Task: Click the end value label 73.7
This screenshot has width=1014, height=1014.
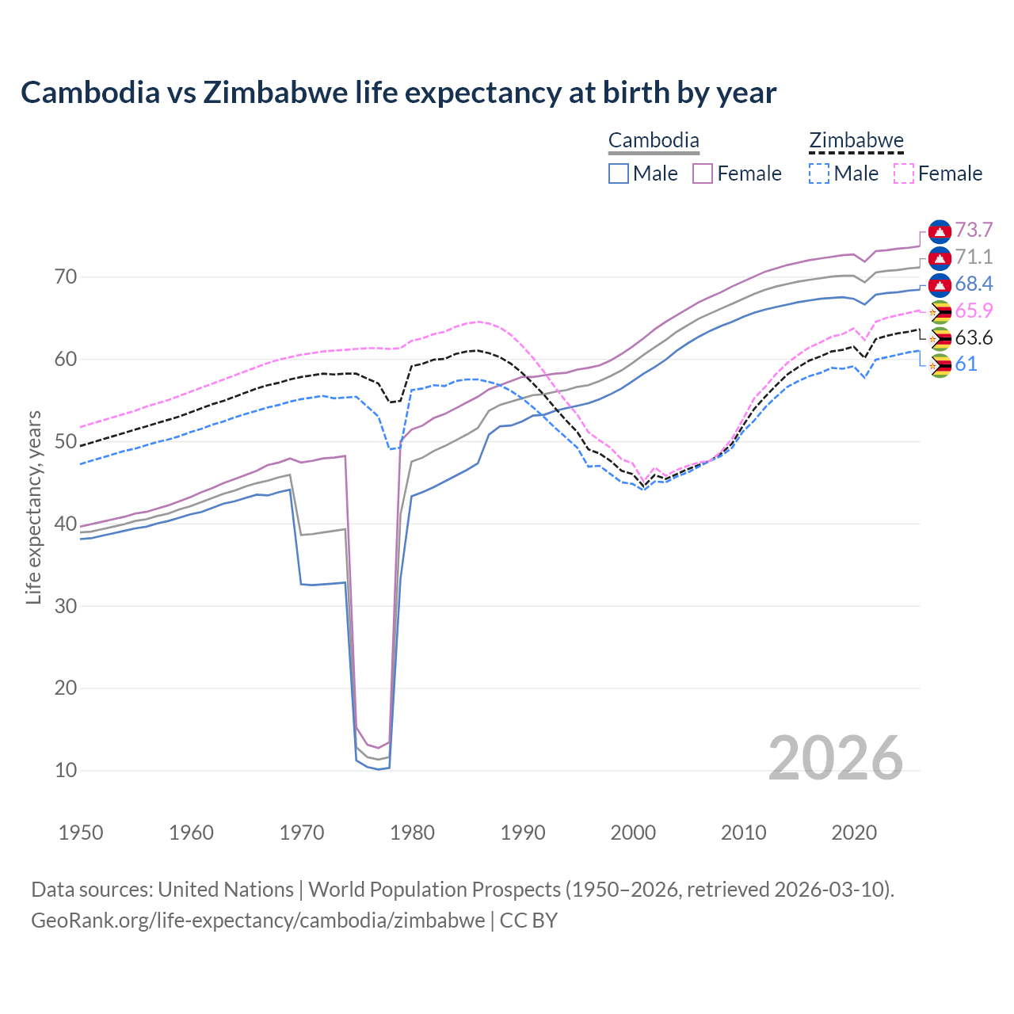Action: (974, 230)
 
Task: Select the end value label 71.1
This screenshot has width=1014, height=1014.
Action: (974, 257)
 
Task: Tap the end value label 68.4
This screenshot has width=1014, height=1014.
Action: (974, 284)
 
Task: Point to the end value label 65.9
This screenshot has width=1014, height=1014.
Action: (974, 311)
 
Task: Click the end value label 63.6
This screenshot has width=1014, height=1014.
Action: (974, 337)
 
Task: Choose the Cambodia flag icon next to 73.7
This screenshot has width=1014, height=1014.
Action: (940, 231)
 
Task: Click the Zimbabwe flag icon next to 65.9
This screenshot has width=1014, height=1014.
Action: (940, 311)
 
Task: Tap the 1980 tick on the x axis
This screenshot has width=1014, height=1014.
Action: (413, 833)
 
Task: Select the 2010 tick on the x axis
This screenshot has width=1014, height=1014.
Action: (744, 833)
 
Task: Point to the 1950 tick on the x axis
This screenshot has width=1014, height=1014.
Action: (82, 833)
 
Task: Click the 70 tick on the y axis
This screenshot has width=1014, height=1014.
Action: (66, 277)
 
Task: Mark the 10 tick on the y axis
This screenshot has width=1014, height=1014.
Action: (66, 770)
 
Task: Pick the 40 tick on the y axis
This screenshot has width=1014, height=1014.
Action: (66, 524)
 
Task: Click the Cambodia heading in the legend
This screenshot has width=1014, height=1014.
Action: (654, 141)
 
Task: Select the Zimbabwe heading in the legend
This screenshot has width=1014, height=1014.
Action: (856, 141)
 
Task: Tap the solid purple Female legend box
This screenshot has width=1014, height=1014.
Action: (703, 173)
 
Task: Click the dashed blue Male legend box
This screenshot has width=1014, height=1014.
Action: (819, 173)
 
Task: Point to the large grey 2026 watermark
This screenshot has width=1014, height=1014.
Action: (836, 758)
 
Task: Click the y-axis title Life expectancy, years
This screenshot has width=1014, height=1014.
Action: (33, 507)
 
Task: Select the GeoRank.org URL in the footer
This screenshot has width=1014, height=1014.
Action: (258, 921)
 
